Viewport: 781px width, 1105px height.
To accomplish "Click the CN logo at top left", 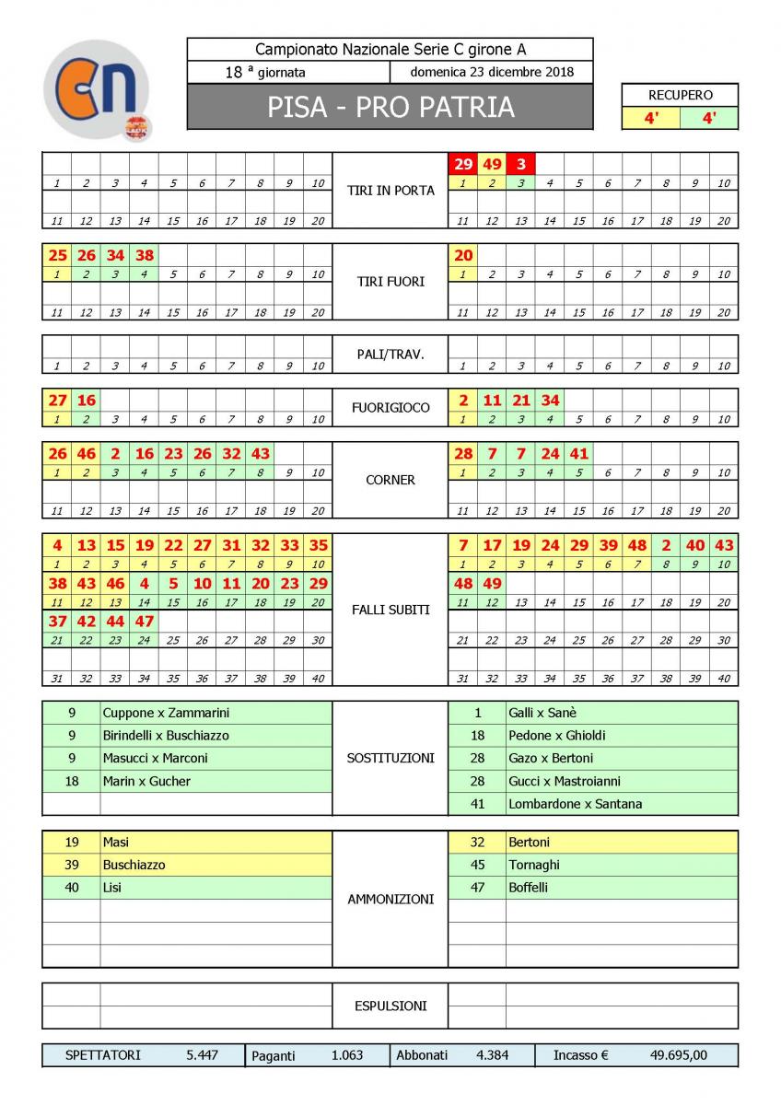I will (x=97, y=89).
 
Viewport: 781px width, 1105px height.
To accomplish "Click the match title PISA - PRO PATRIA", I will (x=390, y=108).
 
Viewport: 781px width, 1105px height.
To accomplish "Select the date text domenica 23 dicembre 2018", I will (x=492, y=73).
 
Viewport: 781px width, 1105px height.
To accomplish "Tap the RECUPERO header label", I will (x=680, y=95).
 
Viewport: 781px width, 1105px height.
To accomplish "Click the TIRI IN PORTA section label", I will (x=390, y=191).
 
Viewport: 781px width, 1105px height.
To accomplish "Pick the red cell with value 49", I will (x=492, y=164).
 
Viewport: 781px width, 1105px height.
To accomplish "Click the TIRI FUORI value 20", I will (x=462, y=255).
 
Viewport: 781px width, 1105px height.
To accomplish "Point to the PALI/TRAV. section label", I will (x=390, y=353).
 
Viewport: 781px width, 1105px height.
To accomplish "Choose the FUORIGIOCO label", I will (x=390, y=407).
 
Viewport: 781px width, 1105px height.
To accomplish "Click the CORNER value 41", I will (x=578, y=453).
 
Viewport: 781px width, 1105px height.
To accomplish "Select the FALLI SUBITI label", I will (x=390, y=610).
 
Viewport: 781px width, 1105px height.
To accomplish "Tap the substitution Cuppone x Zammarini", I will (x=166, y=713).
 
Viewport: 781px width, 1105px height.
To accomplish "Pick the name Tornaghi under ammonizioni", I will (x=533, y=865).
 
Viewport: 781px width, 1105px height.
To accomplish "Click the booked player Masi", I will (x=116, y=842).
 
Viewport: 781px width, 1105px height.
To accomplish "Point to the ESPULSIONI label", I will (x=390, y=1006).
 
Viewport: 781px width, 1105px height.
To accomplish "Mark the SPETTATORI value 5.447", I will (x=202, y=1055).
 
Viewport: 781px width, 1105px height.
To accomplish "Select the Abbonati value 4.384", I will (x=492, y=1055).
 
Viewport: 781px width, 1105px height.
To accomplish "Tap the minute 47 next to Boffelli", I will (x=477, y=888).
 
